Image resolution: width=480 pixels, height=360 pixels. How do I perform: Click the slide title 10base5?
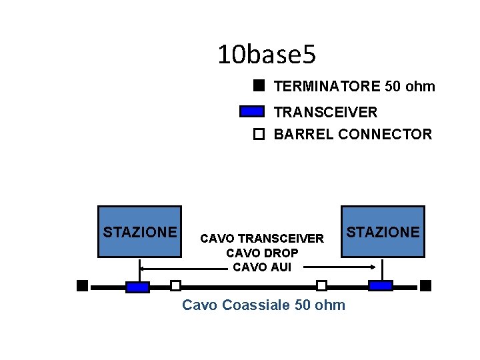[267, 55]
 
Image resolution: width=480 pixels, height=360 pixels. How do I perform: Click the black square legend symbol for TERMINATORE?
[259, 85]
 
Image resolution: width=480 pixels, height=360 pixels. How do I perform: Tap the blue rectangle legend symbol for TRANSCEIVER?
[252, 111]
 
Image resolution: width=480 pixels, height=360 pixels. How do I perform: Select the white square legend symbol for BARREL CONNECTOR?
[259, 134]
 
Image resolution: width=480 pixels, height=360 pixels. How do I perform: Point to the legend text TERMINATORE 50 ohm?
[354, 86]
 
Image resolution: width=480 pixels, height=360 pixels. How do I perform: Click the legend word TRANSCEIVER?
[325, 112]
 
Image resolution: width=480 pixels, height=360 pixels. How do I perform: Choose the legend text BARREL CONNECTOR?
[353, 134]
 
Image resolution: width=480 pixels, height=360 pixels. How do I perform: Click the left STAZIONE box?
[139, 231]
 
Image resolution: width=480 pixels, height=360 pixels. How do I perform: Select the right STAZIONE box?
[383, 231]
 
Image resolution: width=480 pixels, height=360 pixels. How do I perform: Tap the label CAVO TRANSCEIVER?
[262, 238]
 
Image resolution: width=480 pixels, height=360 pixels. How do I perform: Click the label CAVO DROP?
[262, 253]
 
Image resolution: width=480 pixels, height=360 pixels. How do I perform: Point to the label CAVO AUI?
[262, 267]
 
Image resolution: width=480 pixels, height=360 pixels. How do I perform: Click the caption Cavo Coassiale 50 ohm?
[263, 305]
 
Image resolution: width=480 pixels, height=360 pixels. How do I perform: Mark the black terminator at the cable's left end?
[82, 286]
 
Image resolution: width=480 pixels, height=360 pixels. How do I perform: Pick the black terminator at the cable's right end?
[426, 286]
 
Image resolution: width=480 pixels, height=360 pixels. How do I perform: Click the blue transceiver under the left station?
[137, 287]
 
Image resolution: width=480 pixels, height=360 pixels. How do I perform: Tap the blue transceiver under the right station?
[381, 286]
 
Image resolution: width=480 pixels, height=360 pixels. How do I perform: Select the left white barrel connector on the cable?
[175, 286]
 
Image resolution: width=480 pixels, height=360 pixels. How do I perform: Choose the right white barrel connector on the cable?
[321, 286]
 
